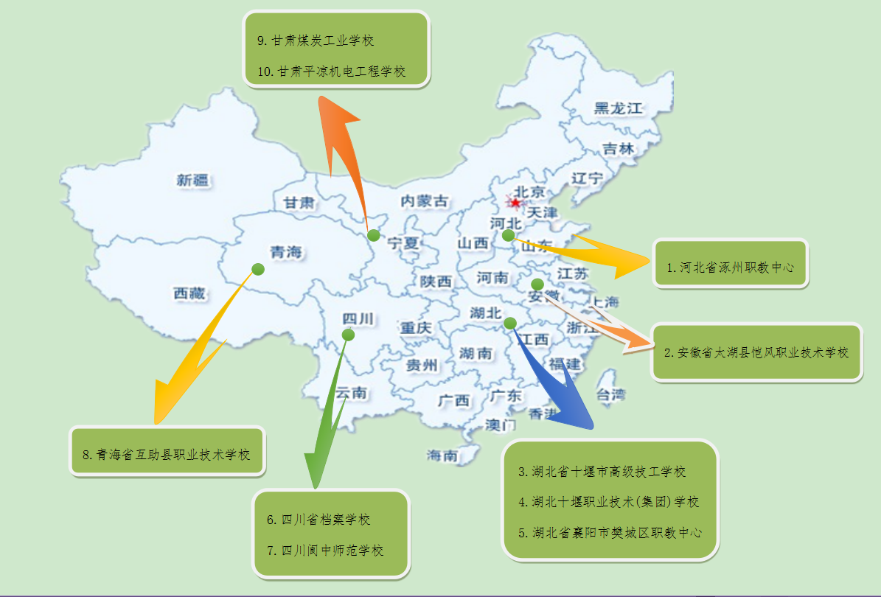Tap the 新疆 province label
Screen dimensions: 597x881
(x=192, y=179)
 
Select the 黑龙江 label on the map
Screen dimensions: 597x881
(x=619, y=108)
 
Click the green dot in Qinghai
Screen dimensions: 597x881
(x=258, y=269)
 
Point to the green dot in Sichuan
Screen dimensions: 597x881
(x=348, y=335)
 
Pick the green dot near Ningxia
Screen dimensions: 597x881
(x=374, y=235)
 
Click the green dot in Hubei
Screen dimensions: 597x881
(x=510, y=323)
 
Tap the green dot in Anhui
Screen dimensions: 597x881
(x=537, y=284)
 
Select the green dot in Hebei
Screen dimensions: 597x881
(x=508, y=235)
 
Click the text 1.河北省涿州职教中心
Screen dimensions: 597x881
(x=730, y=268)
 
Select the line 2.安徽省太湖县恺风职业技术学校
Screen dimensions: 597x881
(x=756, y=352)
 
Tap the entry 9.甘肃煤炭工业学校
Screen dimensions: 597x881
(x=316, y=41)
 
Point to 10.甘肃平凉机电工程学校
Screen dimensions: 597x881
(x=332, y=71)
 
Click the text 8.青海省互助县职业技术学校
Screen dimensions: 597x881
(x=167, y=454)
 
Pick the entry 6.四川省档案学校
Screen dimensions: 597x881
(x=318, y=520)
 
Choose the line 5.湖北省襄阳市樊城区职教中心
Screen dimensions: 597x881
(x=610, y=532)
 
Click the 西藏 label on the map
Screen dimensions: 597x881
(x=190, y=293)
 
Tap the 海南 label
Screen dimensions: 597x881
(x=442, y=455)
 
